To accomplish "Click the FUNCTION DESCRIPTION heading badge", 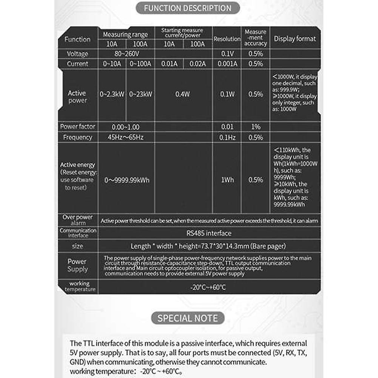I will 188,8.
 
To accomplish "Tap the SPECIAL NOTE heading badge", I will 188,318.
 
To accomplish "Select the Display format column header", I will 295,39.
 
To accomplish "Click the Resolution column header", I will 227,39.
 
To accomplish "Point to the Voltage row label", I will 77,54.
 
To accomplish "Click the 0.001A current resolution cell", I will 227,64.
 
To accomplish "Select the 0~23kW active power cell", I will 140,94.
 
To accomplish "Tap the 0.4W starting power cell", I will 183,94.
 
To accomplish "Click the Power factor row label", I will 77,127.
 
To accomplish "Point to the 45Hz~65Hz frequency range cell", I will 125,137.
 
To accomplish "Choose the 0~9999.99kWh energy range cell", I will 127,180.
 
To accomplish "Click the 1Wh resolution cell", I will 227,180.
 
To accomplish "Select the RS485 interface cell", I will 209,233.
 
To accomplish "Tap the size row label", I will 77,246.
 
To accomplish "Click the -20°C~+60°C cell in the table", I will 208,287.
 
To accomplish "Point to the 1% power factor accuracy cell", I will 256,127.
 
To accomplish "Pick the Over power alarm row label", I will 78,220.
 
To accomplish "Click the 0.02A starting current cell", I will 197,64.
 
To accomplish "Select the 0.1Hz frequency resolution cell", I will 227,137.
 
